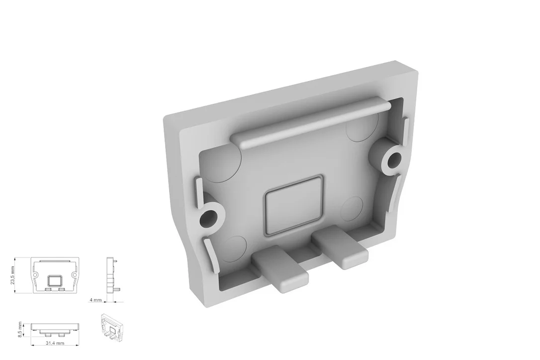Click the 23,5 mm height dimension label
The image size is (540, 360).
[x=13, y=275]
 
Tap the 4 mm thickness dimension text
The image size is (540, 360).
[x=95, y=300]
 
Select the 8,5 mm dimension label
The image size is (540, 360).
[x=20, y=329]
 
